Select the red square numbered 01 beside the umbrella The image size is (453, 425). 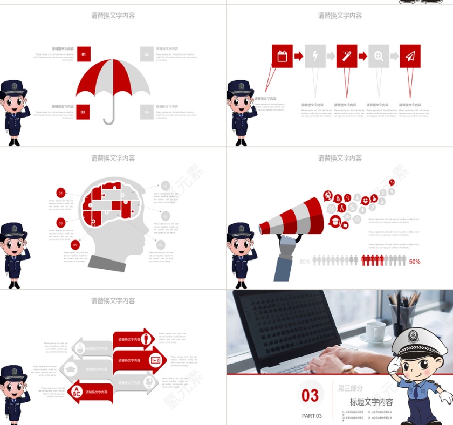pyautogui.click(x=83, y=54)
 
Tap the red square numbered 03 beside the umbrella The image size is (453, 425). pyautogui.click(x=83, y=112)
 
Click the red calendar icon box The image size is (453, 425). pyautogui.click(x=282, y=56)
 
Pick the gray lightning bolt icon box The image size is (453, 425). pyautogui.click(x=315, y=56)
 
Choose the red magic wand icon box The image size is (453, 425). pyautogui.click(x=347, y=56)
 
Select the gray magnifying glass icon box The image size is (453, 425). pyautogui.click(x=379, y=56)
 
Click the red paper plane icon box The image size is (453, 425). pyautogui.click(x=410, y=56)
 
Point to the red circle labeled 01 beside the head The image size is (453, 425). pyautogui.click(x=61, y=193)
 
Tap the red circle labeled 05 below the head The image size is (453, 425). pyautogui.click(x=75, y=245)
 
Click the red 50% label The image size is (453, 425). pyautogui.click(x=414, y=262)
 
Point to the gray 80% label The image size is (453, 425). pyautogui.click(x=305, y=262)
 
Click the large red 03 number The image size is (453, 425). pyautogui.click(x=310, y=395)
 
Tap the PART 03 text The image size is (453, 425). pyautogui.click(x=312, y=416)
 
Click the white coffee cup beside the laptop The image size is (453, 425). pyautogui.click(x=375, y=330)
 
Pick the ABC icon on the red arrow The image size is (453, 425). pyautogui.click(x=77, y=392)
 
